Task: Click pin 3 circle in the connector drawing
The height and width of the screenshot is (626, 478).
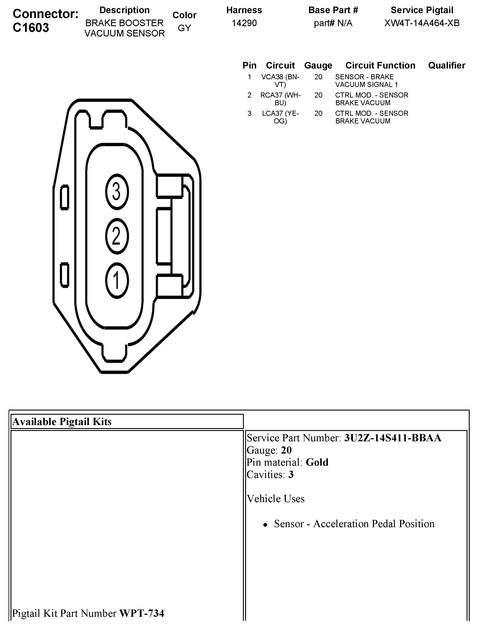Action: [x=117, y=192]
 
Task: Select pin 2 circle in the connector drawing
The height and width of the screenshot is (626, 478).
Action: [x=117, y=236]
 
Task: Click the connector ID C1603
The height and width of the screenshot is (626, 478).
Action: [x=31, y=28]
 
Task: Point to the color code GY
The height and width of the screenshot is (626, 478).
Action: [x=184, y=28]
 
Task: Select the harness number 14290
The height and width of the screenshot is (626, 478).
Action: [x=244, y=23]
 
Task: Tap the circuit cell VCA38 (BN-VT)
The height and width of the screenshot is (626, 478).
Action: [x=280, y=81]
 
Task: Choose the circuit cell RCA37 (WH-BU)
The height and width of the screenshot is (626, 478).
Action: [x=280, y=99]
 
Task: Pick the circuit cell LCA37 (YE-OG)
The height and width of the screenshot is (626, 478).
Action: [x=280, y=117]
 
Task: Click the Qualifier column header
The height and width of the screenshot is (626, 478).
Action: [x=446, y=65]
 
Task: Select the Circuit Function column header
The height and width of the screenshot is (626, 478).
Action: [x=380, y=65]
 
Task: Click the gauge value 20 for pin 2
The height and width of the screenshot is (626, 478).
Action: [x=318, y=95]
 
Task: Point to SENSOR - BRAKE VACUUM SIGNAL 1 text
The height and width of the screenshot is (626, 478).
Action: [x=366, y=81]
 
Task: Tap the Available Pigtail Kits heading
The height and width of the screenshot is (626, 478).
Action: [x=62, y=422]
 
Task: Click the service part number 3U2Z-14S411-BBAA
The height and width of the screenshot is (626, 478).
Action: [x=393, y=438]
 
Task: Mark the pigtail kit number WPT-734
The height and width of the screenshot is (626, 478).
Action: [x=141, y=613]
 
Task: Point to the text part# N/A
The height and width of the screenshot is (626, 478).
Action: [x=333, y=23]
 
